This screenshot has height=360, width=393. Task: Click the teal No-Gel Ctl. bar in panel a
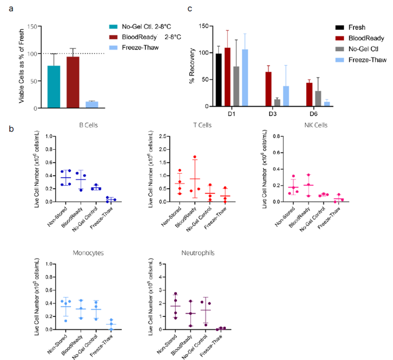pyautogui.click(x=54, y=87)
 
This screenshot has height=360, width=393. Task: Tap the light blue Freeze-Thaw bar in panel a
pyautogui.click(x=92, y=105)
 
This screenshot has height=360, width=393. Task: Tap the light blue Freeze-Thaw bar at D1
pyautogui.click(x=245, y=78)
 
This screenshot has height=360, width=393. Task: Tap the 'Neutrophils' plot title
pyautogui.click(x=195, y=252)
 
